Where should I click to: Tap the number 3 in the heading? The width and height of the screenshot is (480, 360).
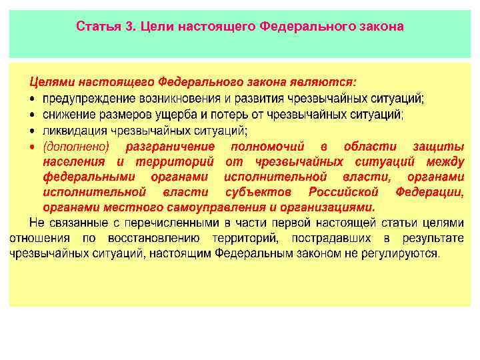pyautogui.click(x=128, y=27)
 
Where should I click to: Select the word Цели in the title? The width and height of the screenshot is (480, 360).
pyautogui.click(x=154, y=27)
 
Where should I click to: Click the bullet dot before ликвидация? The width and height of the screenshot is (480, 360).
pyautogui.click(x=33, y=131)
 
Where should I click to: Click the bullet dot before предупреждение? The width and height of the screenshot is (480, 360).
pyautogui.click(x=33, y=99)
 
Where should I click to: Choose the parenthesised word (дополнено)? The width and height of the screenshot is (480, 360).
pyautogui.click(x=75, y=146)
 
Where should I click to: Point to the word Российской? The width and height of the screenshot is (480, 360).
pyautogui.click(x=341, y=192)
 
